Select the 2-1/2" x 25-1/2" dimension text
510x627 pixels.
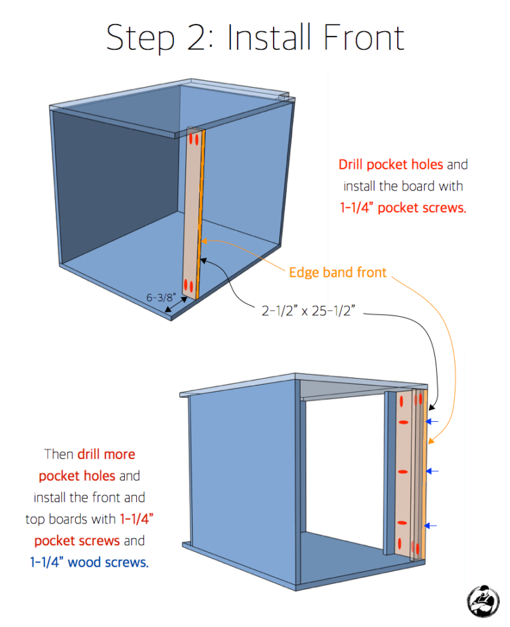click(310, 310)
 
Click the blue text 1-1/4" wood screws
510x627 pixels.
click(90, 562)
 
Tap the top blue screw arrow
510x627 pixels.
click(433, 421)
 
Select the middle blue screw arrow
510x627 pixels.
click(433, 471)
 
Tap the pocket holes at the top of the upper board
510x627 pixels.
click(194, 139)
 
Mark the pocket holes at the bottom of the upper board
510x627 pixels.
click(190, 287)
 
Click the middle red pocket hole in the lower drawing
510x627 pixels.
click(402, 472)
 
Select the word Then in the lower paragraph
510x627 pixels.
click(60, 454)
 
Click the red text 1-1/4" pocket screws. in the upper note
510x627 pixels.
click(402, 207)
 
